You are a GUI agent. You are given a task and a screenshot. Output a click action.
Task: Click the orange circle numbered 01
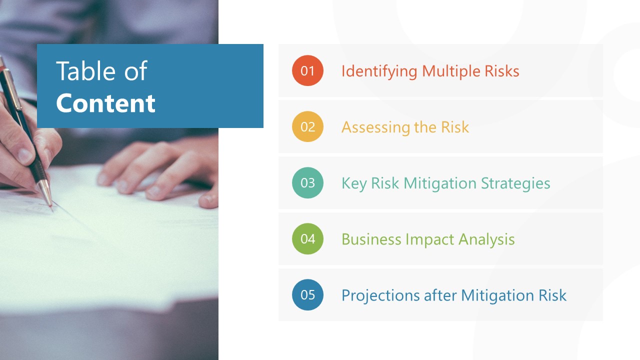point(307,70)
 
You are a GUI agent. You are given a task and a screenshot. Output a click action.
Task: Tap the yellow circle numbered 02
point(307,126)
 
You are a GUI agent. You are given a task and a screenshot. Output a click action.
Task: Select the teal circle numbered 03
point(307,182)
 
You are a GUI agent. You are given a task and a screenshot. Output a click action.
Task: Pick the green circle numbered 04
point(307,238)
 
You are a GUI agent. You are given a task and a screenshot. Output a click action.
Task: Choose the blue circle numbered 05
point(307,294)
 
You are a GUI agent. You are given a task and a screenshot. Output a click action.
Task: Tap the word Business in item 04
point(371,239)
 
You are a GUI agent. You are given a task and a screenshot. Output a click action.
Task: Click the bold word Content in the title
point(105,103)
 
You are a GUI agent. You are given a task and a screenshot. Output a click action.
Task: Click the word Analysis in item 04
point(486,239)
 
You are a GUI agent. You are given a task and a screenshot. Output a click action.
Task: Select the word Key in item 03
point(353,183)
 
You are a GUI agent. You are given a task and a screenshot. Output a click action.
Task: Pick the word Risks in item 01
point(502,71)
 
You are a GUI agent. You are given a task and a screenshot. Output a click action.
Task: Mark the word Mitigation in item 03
point(440,183)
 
